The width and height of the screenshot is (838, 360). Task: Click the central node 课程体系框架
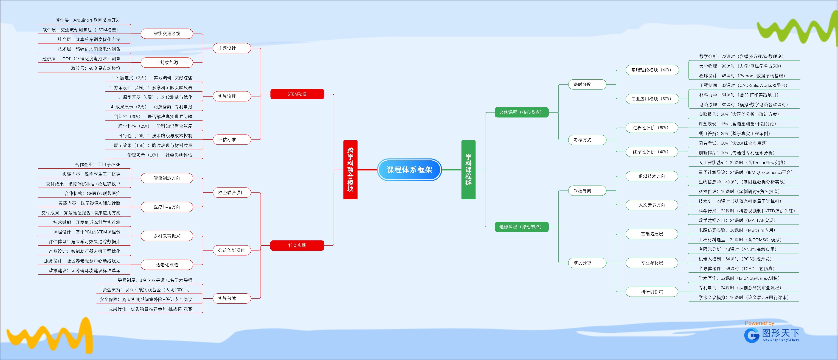tap(409, 170)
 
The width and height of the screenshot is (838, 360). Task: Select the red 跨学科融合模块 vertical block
tap(350, 170)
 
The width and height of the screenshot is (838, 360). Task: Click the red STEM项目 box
tap(297, 94)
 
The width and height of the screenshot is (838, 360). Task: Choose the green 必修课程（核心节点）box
tap(521, 112)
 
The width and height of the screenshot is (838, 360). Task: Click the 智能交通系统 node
tap(167, 34)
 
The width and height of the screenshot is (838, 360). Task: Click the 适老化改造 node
tap(167, 265)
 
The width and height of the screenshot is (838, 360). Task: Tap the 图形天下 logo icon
tap(752, 335)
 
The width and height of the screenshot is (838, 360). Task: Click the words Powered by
tap(759, 323)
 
